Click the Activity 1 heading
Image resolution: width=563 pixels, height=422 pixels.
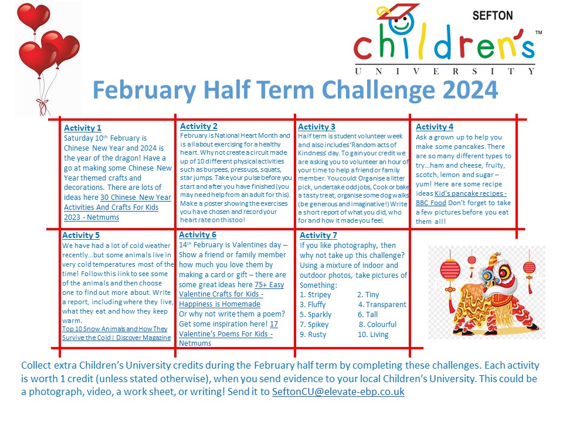(83, 128)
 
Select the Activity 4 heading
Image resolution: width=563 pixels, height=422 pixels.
(435, 127)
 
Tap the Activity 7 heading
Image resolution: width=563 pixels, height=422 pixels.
(318, 236)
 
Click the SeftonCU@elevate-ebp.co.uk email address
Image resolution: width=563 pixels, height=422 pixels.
(338, 392)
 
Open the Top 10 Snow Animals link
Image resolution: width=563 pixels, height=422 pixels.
(117, 333)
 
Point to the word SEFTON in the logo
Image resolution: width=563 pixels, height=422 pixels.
(492, 16)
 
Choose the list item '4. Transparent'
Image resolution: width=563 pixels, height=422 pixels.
(382, 305)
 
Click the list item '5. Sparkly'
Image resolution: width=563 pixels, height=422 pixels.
(316, 315)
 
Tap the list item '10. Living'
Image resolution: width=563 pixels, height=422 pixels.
(372, 335)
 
